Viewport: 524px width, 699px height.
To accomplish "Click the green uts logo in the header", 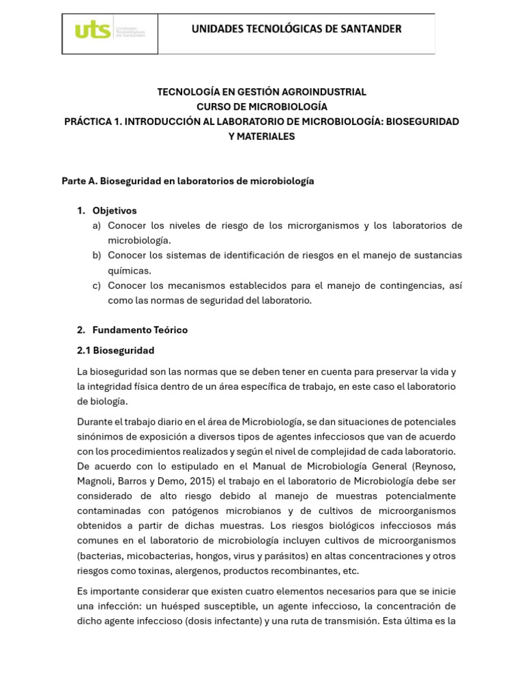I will click(x=93, y=31).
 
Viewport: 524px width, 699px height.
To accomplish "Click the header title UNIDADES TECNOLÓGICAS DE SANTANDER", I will click(x=296, y=29).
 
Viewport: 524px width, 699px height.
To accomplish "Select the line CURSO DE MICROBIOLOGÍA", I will click(x=262, y=106).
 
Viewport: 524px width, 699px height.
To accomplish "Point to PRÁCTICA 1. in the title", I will click(x=92, y=122).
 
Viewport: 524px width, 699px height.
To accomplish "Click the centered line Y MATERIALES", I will click(x=262, y=137).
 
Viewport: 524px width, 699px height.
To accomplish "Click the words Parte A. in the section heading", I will click(x=79, y=181).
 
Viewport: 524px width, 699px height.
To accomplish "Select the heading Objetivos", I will click(x=115, y=211).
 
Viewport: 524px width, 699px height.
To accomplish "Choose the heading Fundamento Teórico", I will click(x=140, y=330).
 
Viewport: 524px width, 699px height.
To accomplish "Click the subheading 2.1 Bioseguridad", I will click(x=116, y=350).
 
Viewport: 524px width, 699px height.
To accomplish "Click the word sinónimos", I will click(x=101, y=437).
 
